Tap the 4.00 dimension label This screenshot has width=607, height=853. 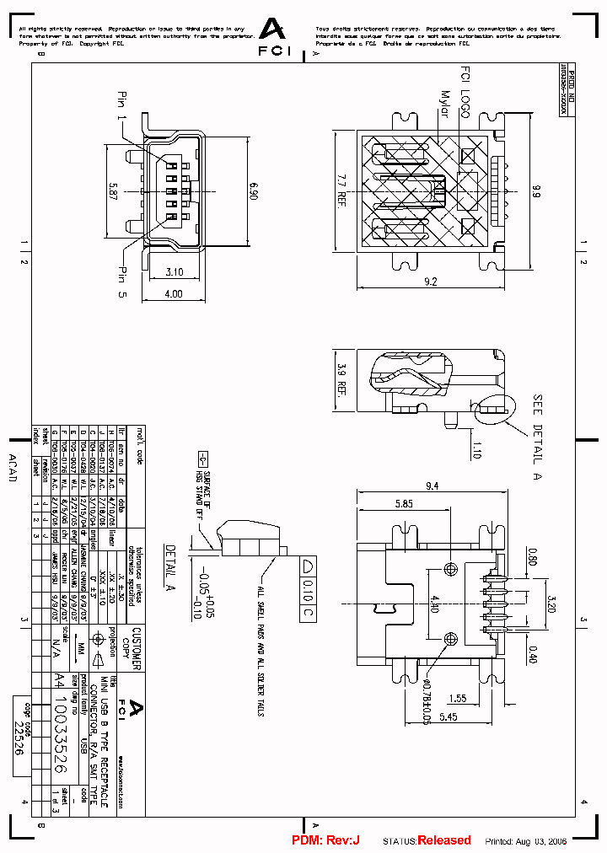(174, 294)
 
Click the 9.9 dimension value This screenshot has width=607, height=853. (534, 190)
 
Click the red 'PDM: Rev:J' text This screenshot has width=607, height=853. (325, 840)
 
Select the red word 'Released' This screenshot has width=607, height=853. (444, 840)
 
